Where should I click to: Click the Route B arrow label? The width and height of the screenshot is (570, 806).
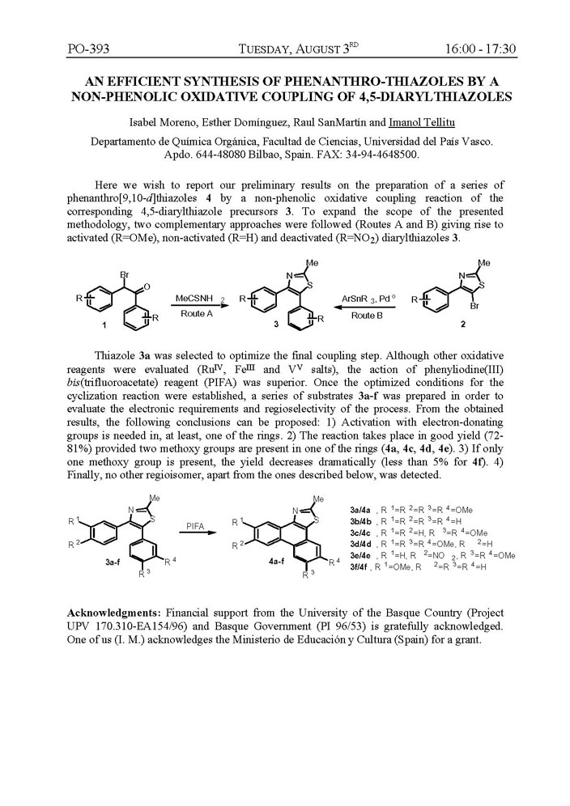click(367, 314)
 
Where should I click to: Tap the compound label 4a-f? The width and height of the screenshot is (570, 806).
click(259, 558)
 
